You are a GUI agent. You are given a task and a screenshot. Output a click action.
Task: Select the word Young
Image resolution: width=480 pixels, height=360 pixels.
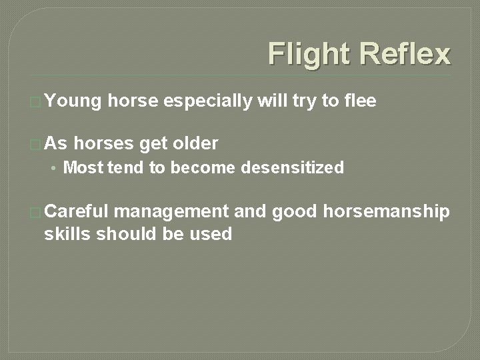pyautogui.click(x=73, y=101)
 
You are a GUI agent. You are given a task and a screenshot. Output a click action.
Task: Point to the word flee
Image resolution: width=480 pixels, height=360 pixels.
pyautogui.click(x=361, y=101)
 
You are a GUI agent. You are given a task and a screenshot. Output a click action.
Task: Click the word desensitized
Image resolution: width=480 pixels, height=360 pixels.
pyautogui.click(x=293, y=168)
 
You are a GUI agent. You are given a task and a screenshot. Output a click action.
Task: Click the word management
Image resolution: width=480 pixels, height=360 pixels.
pyautogui.click(x=171, y=212)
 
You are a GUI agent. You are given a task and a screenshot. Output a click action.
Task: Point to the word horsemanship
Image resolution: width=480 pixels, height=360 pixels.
pyautogui.click(x=386, y=212)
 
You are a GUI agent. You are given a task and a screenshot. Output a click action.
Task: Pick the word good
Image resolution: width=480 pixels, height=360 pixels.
pyautogui.click(x=295, y=212)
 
